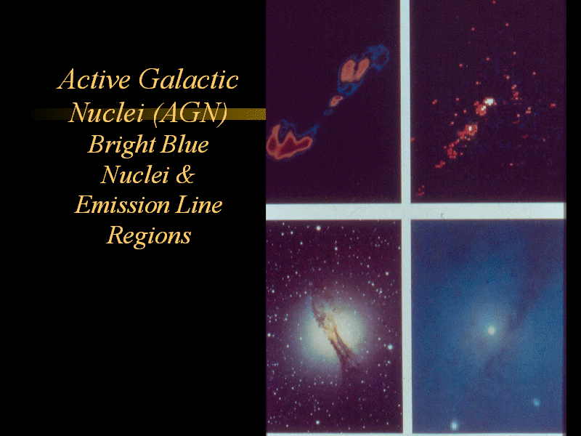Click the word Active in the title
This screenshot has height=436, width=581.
click(x=94, y=79)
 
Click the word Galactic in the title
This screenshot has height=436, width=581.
click(x=189, y=79)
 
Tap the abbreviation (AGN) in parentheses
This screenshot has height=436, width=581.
click(x=190, y=113)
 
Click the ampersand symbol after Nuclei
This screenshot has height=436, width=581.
click(x=185, y=174)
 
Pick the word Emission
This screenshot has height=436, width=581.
click(x=122, y=205)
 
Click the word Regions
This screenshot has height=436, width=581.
click(x=149, y=235)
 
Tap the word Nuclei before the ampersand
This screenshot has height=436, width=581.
click(x=135, y=174)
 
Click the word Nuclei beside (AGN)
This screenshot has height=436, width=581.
click(x=107, y=113)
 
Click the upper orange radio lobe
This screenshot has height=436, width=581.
click(x=354, y=69)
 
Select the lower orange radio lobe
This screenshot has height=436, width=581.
click(x=288, y=142)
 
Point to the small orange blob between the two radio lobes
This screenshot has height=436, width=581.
click(x=336, y=100)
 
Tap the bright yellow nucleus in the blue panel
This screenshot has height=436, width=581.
click(x=492, y=330)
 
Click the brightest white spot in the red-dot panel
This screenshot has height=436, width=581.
click(x=489, y=101)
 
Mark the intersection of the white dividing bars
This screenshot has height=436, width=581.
click(x=406, y=211)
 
